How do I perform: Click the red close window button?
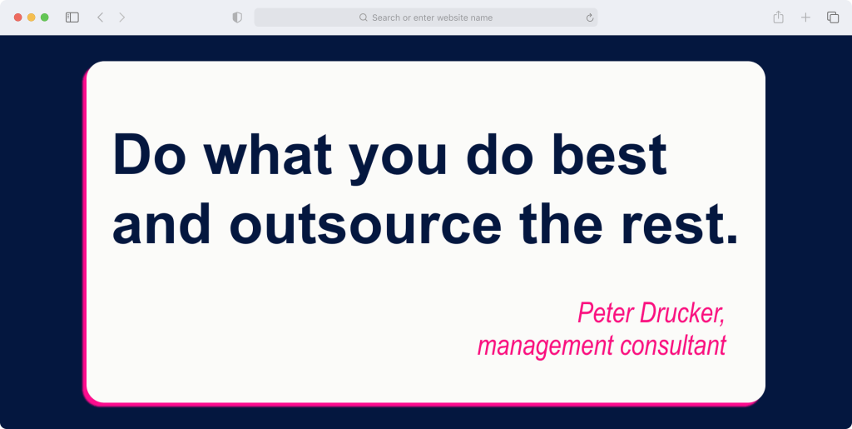[18, 17]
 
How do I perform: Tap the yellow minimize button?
[32, 17]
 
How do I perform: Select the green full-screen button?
[45, 17]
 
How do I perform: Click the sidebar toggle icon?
[72, 17]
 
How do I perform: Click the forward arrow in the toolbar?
[121, 17]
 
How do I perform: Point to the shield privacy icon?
[237, 17]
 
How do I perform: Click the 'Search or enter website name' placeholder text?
[432, 17]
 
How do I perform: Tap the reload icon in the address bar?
[590, 17]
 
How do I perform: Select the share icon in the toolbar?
[779, 17]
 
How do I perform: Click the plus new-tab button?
[805, 17]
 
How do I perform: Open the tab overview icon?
[832, 17]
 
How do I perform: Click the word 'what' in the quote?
[267, 154]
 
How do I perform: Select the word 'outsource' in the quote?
[366, 223]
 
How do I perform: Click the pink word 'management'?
[545, 347]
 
